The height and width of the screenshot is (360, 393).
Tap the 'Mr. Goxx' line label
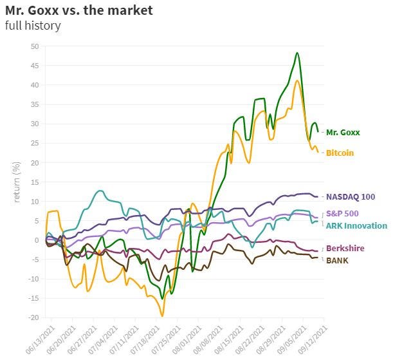tap(343, 132)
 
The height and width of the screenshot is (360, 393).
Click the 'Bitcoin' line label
tap(340, 153)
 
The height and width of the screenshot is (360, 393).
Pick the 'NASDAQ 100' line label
tap(351, 196)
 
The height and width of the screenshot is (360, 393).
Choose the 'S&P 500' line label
tap(343, 213)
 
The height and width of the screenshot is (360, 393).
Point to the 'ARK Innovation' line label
tap(356, 225)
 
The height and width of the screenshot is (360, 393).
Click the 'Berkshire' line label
tap(346, 248)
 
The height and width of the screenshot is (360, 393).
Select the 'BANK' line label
tap(338, 260)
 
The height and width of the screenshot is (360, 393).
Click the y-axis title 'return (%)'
tap(17, 182)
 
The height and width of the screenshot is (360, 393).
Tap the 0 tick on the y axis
tap(37, 240)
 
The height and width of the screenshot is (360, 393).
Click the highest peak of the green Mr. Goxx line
tap(297, 53)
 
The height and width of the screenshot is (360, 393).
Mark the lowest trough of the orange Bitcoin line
tap(162, 316)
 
